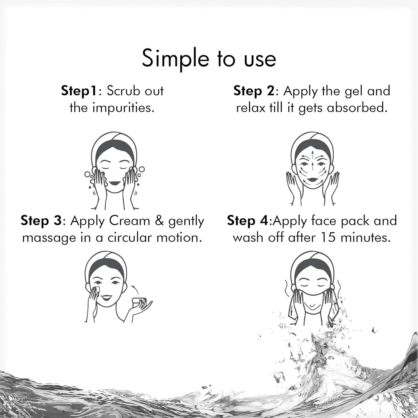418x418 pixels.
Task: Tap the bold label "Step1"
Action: tap(79, 91)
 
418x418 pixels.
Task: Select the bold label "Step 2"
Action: tap(254, 91)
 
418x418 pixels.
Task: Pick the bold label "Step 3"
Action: tap(41, 221)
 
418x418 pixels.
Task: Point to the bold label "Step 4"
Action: tap(247, 221)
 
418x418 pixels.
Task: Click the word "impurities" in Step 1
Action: tap(122, 108)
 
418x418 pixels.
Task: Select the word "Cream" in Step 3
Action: tap(130, 221)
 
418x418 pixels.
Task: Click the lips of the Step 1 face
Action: tap(114, 183)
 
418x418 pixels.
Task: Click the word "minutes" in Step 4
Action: tap(365, 237)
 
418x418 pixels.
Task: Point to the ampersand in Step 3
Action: tap(159, 221)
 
